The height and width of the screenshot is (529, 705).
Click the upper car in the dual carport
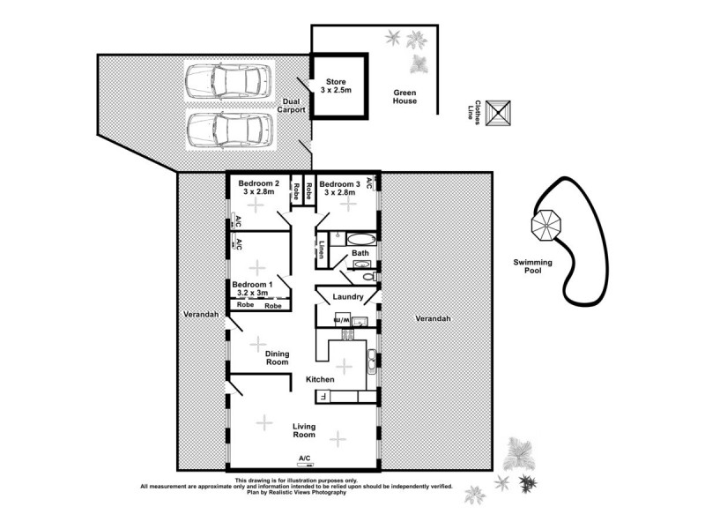[226, 82]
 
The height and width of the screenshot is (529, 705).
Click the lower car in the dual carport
[226, 130]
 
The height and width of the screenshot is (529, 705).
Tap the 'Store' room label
[337, 86]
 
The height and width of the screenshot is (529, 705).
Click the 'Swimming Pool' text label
[539, 266]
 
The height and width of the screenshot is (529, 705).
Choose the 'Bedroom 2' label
[259, 188]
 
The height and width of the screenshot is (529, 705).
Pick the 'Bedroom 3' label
[341, 188]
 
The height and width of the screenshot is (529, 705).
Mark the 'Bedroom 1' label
[252, 289]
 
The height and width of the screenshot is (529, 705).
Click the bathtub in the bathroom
[360, 238]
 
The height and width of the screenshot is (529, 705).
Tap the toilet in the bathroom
[369, 276]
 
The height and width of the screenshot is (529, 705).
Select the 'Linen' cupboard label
[323, 250]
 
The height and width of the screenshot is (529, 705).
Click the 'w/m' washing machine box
[344, 318]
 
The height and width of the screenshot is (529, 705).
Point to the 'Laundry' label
[349, 297]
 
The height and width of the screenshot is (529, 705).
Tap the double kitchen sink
[372, 357]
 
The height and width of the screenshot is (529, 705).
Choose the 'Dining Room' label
[278, 357]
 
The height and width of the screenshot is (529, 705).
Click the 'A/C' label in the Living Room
[305, 458]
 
